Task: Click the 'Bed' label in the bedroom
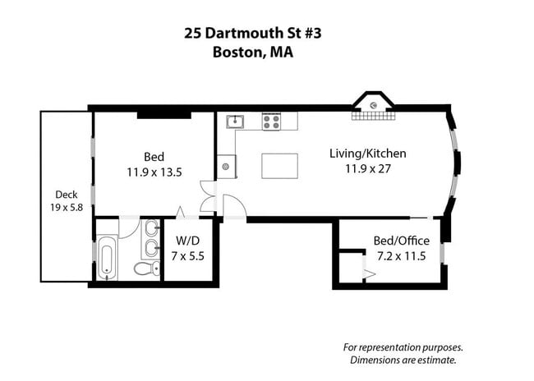(x=154, y=157)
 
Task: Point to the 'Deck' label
(x=67, y=195)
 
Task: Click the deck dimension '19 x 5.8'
(x=67, y=209)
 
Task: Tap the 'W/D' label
(x=188, y=241)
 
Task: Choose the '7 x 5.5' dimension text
(x=188, y=255)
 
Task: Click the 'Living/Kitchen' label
(x=367, y=154)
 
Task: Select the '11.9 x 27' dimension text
(x=367, y=168)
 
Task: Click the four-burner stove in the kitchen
(x=271, y=122)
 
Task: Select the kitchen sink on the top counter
(x=236, y=122)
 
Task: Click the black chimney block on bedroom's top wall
(x=163, y=113)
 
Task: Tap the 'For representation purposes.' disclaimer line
(x=403, y=346)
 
